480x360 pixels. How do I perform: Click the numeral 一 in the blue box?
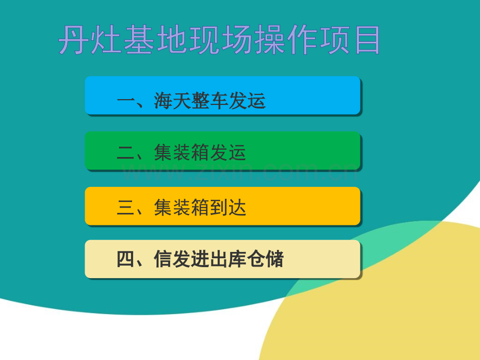point(126,101)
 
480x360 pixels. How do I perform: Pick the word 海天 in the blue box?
point(172,101)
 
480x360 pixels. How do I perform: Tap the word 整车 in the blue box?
point(209,101)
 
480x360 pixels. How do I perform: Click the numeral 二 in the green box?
point(126,152)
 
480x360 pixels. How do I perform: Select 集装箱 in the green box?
point(181,152)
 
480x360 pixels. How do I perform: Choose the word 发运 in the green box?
point(228,152)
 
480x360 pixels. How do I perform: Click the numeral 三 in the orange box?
point(126,207)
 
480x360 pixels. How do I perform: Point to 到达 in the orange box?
point(228,207)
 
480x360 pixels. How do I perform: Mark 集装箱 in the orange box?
point(181,207)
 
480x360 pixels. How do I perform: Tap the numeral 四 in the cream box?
point(126,259)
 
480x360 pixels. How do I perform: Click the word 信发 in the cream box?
point(172,259)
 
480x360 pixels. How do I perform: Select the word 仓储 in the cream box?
point(265,259)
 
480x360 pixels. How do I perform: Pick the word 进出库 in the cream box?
point(219,259)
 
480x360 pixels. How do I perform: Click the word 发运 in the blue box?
point(247,101)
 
